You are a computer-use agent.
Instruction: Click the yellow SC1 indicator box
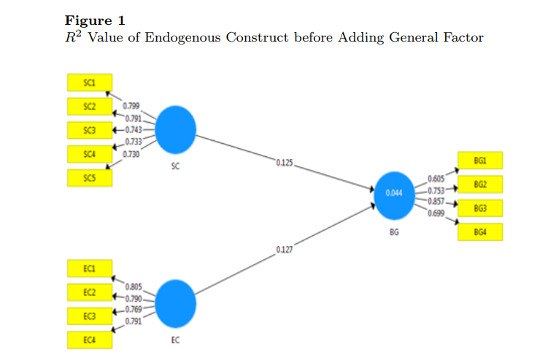pyautogui.click(x=90, y=83)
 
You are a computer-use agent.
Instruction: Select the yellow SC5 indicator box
pyautogui.click(x=90, y=178)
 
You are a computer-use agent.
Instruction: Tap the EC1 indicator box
pyautogui.click(x=90, y=269)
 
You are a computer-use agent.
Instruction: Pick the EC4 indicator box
pyautogui.click(x=90, y=340)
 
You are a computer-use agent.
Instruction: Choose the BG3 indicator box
pyautogui.click(x=480, y=208)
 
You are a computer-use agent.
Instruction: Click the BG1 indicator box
pyautogui.click(x=480, y=161)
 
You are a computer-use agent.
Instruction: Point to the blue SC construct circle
pyautogui.click(x=175, y=130)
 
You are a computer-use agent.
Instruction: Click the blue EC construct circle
pyautogui.click(x=175, y=304)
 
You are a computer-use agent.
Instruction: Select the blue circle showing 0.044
pyautogui.click(x=395, y=196)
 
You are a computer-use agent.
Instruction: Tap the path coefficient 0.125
pyautogui.click(x=285, y=163)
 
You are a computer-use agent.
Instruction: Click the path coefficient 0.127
pyautogui.click(x=285, y=250)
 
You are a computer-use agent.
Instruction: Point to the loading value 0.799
pyautogui.click(x=131, y=106)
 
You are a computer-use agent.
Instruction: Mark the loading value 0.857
pyautogui.click(x=436, y=202)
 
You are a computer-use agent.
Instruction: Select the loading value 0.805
pyautogui.click(x=134, y=287)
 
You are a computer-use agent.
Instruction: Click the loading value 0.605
pyautogui.click(x=436, y=179)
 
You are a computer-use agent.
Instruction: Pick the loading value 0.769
pyautogui.click(x=134, y=310)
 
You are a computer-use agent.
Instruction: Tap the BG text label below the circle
pyautogui.click(x=394, y=232)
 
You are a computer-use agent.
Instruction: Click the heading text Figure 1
pyautogui.click(x=95, y=20)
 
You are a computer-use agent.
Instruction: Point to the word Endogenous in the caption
pyautogui.click(x=182, y=37)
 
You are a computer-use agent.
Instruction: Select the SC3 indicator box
pyautogui.click(x=90, y=130)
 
